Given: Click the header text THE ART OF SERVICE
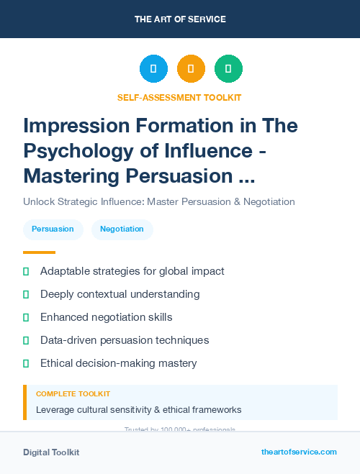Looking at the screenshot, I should pyautogui.click(x=180, y=19).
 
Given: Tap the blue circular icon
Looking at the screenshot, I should pyautogui.click(x=153, y=69).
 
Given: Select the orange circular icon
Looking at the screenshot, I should pyautogui.click(x=191, y=69).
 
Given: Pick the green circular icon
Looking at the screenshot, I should pyautogui.click(x=228, y=69).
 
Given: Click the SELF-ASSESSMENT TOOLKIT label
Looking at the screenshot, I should pyautogui.click(x=180, y=97).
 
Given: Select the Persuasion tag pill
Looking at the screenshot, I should pyautogui.click(x=53, y=229).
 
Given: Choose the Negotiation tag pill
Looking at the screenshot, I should pyautogui.click(x=122, y=229).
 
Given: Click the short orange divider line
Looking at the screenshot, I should pyautogui.click(x=39, y=252).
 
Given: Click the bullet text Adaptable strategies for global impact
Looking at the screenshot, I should pyautogui.click(x=132, y=271).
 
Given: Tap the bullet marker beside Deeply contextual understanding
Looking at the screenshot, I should pyautogui.click(x=26, y=294).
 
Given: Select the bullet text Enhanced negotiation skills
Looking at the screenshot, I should pyautogui.click(x=107, y=317).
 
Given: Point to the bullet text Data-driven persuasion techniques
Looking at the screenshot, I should pyautogui.click(x=125, y=340).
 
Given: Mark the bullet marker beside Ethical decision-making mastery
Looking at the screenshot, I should pyautogui.click(x=26, y=363).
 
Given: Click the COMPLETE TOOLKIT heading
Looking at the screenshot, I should pyautogui.click(x=73, y=394).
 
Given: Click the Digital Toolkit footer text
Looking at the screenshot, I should pyautogui.click(x=51, y=452).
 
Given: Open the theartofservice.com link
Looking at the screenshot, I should pyautogui.click(x=299, y=452).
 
